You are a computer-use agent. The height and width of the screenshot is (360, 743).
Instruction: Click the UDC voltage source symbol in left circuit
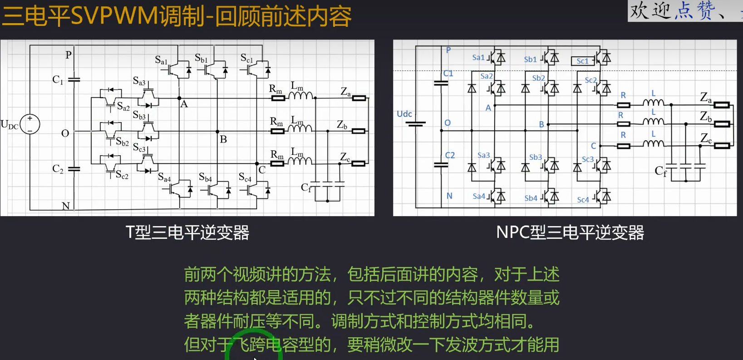tap(30, 124)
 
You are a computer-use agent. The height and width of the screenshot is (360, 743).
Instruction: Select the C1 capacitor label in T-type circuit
tap(58, 80)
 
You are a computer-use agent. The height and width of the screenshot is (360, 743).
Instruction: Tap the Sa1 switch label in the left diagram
tap(161, 60)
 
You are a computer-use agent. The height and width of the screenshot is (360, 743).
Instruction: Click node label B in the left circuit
tap(223, 139)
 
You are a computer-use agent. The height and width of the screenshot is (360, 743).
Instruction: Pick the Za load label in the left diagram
tap(345, 92)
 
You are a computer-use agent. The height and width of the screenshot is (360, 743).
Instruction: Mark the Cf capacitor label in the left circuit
tap(306, 187)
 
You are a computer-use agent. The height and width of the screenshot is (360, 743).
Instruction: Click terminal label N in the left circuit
tap(66, 206)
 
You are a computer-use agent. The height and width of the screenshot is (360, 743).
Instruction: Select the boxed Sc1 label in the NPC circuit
tap(582, 61)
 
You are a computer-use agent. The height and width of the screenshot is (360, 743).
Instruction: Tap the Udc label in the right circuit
tap(404, 114)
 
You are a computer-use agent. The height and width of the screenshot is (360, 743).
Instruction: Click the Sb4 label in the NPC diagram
tap(531, 198)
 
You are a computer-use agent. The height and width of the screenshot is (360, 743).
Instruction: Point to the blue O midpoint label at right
tap(448, 123)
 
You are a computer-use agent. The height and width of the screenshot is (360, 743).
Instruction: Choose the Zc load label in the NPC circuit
tap(706, 138)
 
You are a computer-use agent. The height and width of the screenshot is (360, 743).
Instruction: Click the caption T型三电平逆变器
tap(187, 232)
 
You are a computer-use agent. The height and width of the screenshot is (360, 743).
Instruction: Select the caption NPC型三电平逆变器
tap(570, 232)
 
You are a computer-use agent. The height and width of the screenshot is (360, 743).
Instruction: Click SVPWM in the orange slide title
tap(114, 16)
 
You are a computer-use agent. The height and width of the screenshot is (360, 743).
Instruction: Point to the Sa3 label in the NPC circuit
tap(483, 155)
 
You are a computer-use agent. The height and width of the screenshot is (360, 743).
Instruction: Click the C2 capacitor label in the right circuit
tap(450, 155)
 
